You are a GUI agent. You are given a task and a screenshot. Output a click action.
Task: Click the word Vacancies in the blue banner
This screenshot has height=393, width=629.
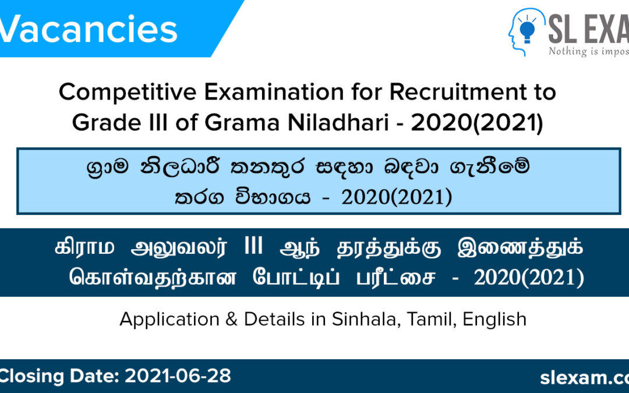(87, 30)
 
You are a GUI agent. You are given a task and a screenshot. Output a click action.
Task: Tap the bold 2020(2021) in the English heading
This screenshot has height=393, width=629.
(477, 123)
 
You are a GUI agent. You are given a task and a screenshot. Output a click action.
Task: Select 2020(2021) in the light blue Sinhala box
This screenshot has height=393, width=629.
(397, 198)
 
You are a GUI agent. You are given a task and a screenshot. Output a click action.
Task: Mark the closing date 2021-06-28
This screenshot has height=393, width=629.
(178, 376)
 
